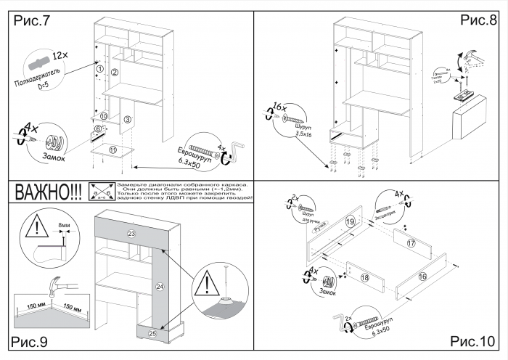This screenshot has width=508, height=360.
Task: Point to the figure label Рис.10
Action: tap(472, 340)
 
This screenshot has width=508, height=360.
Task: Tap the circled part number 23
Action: tap(131, 234)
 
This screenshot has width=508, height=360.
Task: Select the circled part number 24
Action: tap(160, 287)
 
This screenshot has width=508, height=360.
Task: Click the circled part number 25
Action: tap(152, 333)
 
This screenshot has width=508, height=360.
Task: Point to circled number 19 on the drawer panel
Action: tap(350, 221)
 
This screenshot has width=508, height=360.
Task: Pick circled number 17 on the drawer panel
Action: tap(411, 244)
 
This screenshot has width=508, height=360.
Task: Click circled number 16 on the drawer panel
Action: tap(423, 277)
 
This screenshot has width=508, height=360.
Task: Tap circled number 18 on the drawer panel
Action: tap(365, 277)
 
